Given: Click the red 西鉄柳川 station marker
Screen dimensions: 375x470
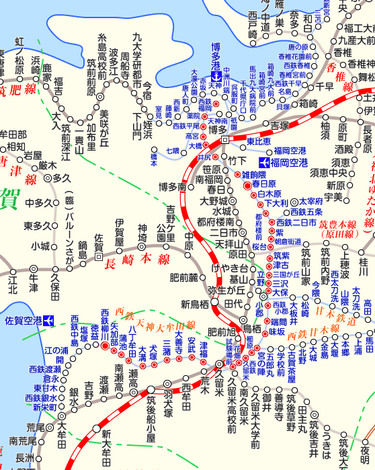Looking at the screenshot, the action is [105, 346].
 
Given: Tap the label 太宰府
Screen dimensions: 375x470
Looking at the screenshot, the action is [311, 200].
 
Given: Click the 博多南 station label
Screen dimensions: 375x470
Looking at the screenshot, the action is [171, 186].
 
